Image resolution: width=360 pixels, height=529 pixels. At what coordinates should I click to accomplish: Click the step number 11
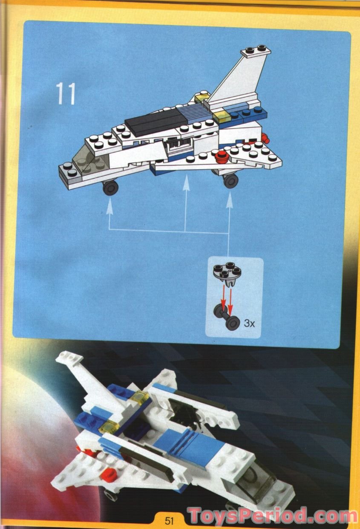[x=66, y=94]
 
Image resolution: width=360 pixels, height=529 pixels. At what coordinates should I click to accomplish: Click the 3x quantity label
[x=249, y=323]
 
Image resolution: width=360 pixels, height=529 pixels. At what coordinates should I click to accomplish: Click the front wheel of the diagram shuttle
[x=110, y=187]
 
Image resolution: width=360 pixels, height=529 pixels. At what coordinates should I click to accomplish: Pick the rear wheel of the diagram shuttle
[x=230, y=180]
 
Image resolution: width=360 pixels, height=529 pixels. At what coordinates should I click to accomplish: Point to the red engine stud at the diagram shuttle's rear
[x=266, y=138]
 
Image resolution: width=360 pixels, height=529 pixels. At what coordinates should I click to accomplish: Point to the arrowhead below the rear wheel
[x=229, y=199]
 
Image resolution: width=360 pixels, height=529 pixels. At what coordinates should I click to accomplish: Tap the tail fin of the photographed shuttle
[x=85, y=375]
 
